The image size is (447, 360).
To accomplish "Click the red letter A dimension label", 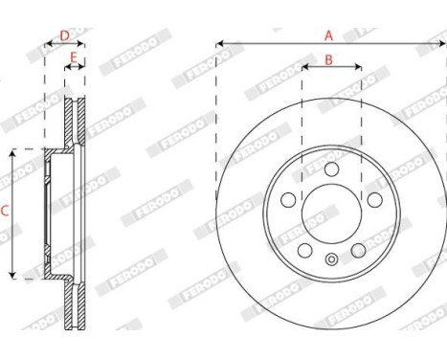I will point(328,35).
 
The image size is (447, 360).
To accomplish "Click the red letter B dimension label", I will point(328,60).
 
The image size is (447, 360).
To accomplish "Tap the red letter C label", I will point(5,213).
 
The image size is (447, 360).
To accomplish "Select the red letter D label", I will point(64,35).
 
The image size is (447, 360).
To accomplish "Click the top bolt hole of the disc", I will point(331,169).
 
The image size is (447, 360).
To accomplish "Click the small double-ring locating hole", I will point(331,258).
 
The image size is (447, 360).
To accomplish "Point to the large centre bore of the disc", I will point(331,213).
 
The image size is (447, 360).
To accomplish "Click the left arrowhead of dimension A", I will point(219,44).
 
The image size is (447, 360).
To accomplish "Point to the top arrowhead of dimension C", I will point(11,152).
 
